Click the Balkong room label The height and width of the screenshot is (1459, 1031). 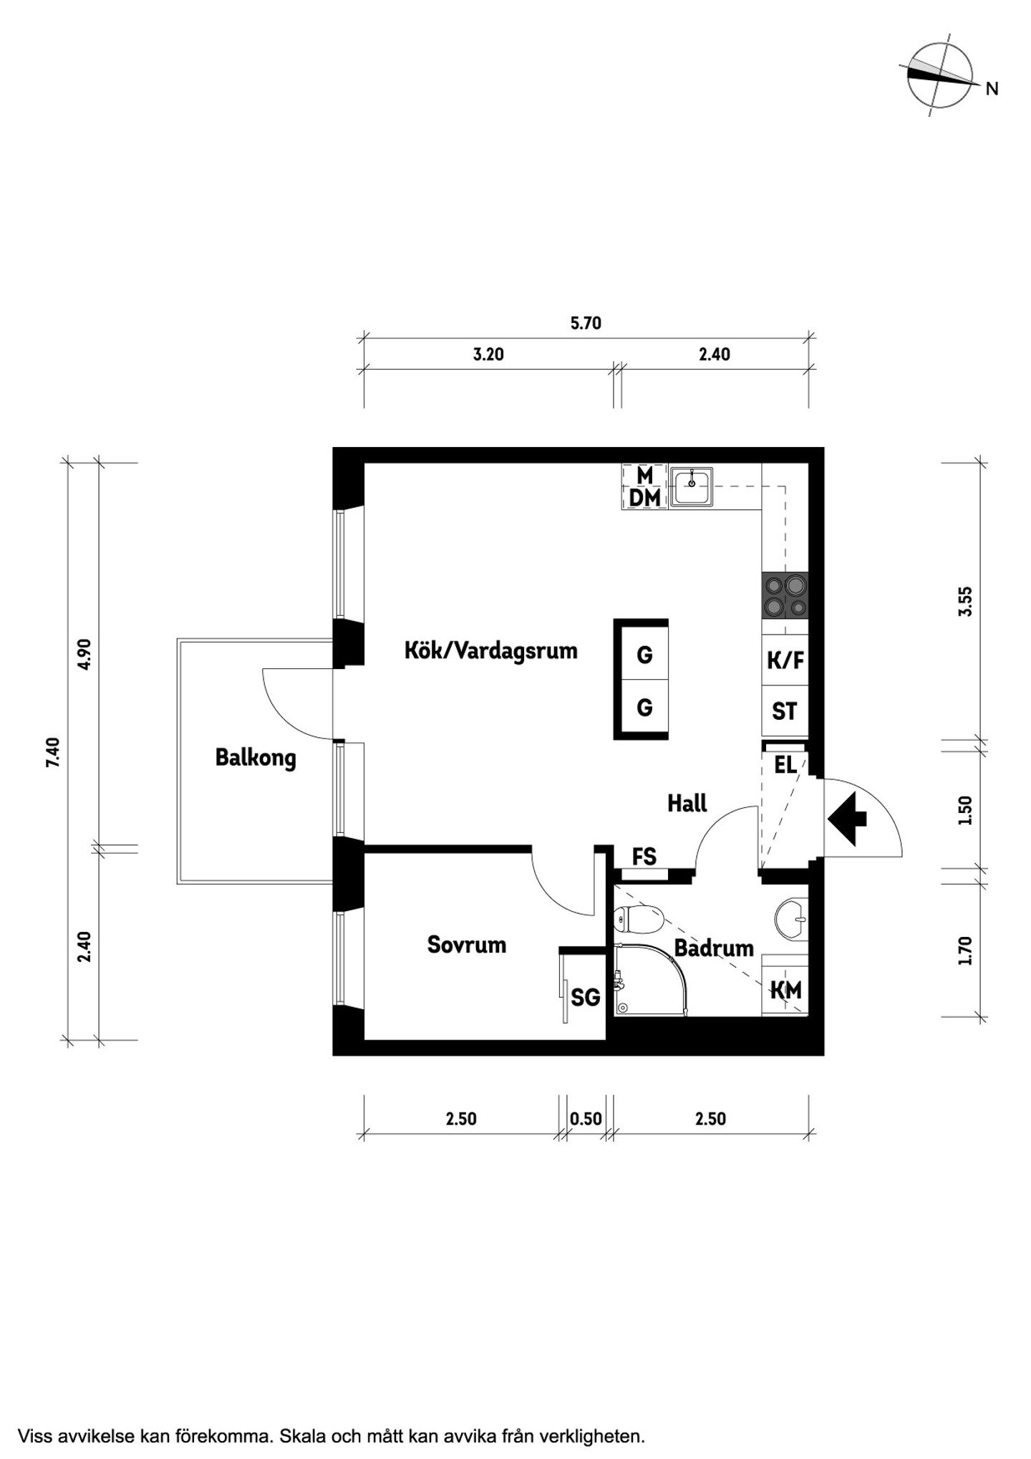[256, 758]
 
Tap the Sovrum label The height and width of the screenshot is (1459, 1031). [467, 944]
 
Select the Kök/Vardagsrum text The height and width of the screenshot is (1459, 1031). [491, 650]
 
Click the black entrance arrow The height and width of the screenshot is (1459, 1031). [847, 818]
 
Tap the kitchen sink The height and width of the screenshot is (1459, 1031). [692, 486]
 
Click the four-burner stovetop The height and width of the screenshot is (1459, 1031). [785, 596]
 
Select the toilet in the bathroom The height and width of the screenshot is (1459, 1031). [639, 920]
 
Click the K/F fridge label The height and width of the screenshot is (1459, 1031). [785, 660]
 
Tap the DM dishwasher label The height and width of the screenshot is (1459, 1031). [645, 498]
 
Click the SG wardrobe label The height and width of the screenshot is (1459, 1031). [585, 997]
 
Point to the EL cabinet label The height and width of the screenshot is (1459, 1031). [785, 764]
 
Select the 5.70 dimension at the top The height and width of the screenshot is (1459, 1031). [586, 323]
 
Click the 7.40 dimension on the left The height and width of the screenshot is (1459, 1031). [52, 753]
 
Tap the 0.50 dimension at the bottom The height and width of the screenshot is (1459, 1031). [586, 1119]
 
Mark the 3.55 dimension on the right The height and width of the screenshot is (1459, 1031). [966, 602]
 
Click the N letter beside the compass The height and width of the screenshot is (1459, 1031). [992, 89]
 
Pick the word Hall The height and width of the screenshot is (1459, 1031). [687, 803]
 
